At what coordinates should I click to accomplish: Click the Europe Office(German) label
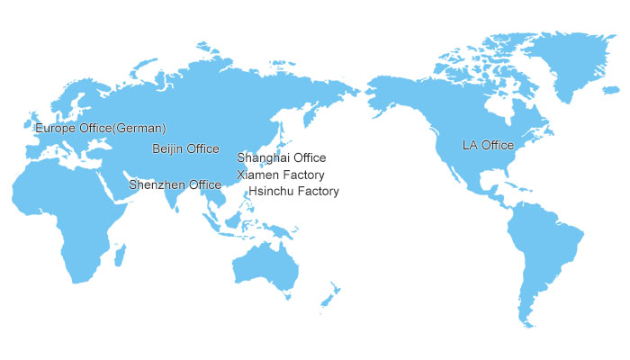pos(100,129)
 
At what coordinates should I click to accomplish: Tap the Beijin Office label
pos(185,148)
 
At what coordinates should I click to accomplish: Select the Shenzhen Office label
pos(175,184)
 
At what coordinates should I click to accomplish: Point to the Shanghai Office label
pos(281,158)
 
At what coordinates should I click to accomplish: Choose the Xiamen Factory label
pos(281,175)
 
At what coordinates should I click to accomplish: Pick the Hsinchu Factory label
pos(293,192)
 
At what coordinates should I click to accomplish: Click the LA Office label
pos(488,145)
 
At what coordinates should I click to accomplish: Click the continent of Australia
pos(265,265)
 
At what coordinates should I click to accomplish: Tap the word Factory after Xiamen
pos(302,175)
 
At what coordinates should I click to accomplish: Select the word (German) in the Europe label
pos(140,129)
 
